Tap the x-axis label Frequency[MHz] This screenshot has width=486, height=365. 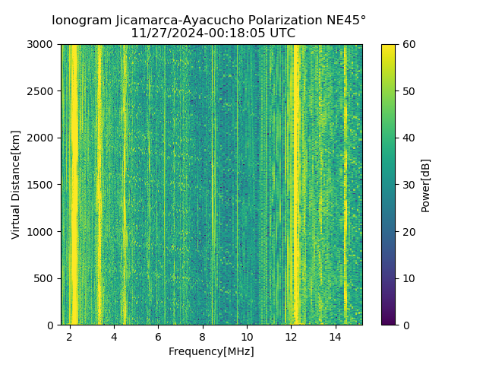[211, 351]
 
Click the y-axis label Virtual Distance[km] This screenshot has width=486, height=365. [16, 185]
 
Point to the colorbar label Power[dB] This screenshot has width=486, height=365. [425, 185]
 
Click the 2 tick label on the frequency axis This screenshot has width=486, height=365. [70, 336]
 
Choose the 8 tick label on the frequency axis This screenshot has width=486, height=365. [202, 336]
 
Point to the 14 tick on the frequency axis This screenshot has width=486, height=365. [335, 336]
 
